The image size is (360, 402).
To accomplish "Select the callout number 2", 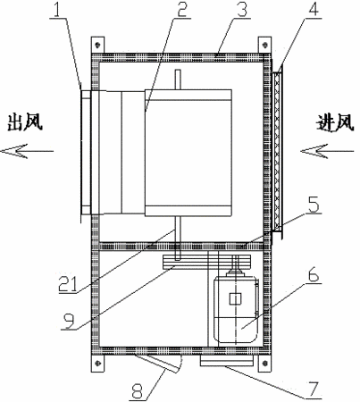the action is coord(181,9).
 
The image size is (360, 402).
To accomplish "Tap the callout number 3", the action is coord(242,9).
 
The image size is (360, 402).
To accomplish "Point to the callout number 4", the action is coord(314,9).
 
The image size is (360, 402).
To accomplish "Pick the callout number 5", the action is coord(314,205).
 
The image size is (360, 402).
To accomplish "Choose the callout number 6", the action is coord(313,275).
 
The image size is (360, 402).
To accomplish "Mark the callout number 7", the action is coord(314,389).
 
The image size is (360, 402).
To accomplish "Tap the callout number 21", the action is coord(68,283).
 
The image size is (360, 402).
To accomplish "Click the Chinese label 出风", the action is coord(25,121).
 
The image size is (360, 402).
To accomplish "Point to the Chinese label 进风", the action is coord(335,122).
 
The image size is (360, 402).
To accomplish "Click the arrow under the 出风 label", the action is coord(27,151).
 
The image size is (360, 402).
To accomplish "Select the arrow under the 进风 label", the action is coord(327,151).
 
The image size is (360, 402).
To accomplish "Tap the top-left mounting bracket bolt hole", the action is coord(97,45).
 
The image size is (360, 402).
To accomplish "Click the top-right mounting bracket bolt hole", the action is coord(264,45).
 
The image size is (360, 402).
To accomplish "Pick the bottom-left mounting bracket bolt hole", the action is coord(97,362).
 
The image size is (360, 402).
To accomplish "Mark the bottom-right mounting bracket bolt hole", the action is coord(264,362).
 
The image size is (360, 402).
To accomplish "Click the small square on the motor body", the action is coord(235,298).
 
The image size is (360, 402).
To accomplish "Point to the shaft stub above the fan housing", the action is coord(178,80).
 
